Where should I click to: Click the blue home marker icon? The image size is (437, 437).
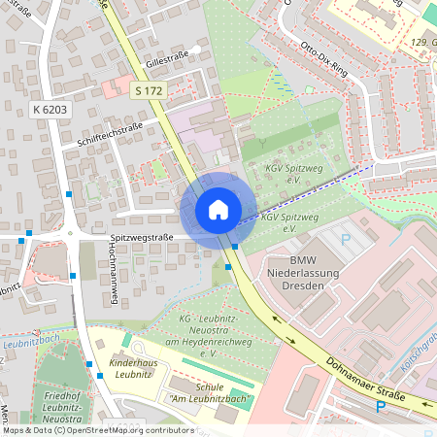point(218,209)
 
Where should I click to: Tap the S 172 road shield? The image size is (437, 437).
point(149,89)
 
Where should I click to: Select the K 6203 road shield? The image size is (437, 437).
point(49,110)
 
